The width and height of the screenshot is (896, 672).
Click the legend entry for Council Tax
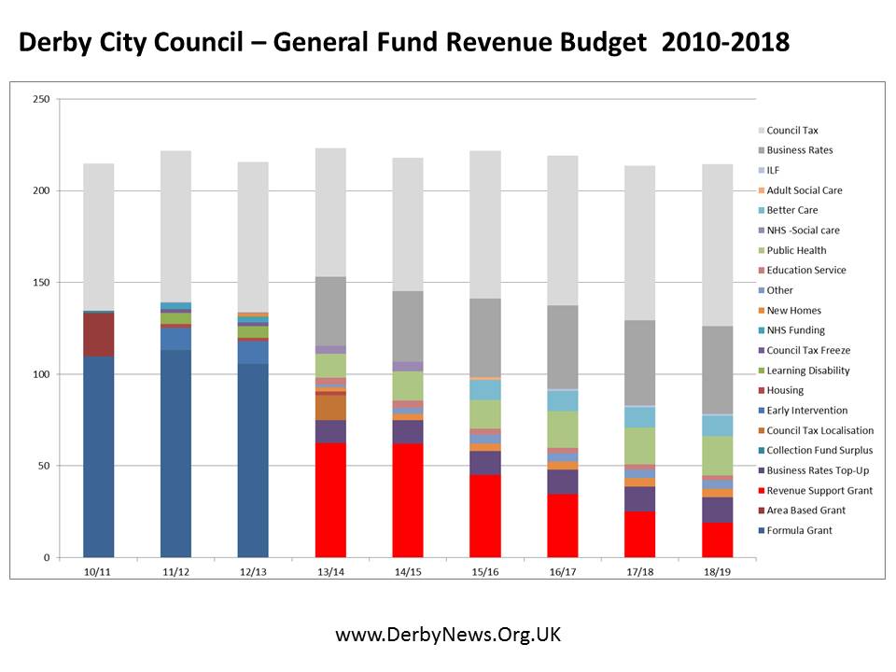tap(791, 131)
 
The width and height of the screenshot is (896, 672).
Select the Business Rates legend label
tap(799, 150)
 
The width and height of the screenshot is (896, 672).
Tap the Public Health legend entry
tap(796, 250)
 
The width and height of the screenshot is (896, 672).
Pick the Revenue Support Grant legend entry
tap(819, 490)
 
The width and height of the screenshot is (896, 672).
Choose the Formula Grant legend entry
tap(798, 530)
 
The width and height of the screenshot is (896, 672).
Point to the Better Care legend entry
tap(791, 210)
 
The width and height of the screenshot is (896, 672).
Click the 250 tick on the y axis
tap(42, 99)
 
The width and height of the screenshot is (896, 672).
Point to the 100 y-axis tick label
tap(42, 374)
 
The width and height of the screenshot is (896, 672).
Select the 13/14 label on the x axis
tap(330, 570)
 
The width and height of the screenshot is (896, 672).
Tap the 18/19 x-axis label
tap(717, 570)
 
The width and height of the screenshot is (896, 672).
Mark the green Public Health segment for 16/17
tap(562, 429)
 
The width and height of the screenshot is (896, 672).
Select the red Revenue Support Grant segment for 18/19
tap(717, 539)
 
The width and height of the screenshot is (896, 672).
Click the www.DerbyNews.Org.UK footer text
tap(448, 635)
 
